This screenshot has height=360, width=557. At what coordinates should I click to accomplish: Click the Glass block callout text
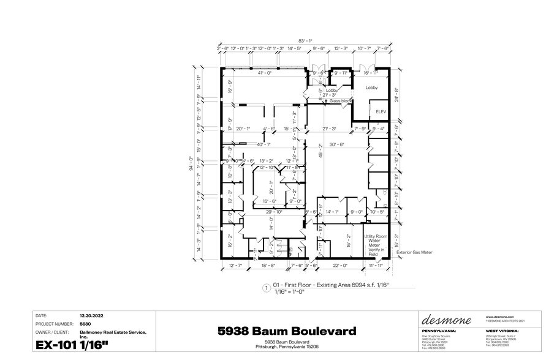pyautogui.click(x=340, y=100)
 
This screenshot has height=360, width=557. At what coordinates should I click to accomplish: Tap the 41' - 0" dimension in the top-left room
pyautogui.click(x=264, y=73)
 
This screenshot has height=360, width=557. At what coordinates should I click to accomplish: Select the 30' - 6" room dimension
pyautogui.click(x=336, y=144)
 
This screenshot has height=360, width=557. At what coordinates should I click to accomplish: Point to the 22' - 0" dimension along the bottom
pyautogui.click(x=340, y=265)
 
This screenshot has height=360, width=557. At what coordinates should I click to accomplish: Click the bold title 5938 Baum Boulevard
pyautogui.click(x=287, y=331)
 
